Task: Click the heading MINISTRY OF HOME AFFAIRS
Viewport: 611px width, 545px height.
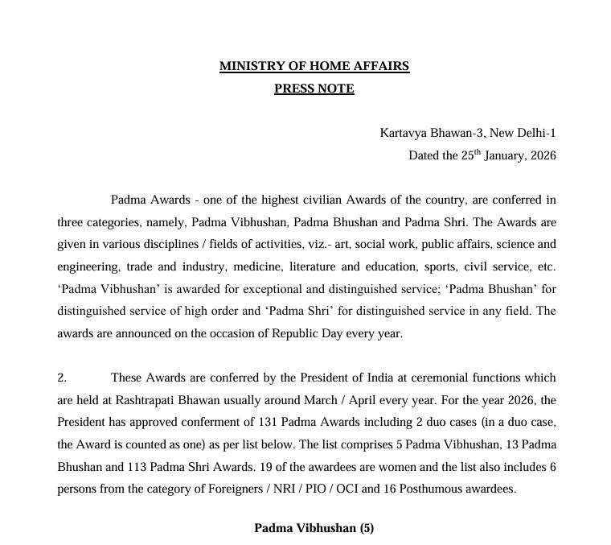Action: tap(314, 67)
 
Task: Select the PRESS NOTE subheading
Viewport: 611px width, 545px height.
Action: tap(314, 89)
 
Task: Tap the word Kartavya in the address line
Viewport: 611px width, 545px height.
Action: tap(404, 132)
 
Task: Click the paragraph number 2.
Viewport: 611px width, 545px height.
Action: tap(61, 377)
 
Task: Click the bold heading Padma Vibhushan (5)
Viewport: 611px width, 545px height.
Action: tap(314, 528)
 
